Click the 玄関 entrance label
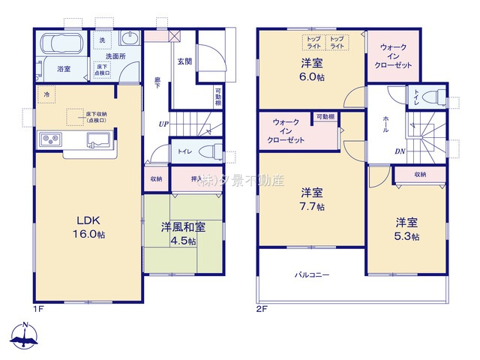(185, 61)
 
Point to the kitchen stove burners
(51, 139)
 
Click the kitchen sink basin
(98, 139)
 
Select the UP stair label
(162, 124)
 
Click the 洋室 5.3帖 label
(408, 229)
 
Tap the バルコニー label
(311, 275)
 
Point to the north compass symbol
(25, 337)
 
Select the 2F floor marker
(262, 308)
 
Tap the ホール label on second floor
(385, 124)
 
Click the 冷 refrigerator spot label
(46, 94)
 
